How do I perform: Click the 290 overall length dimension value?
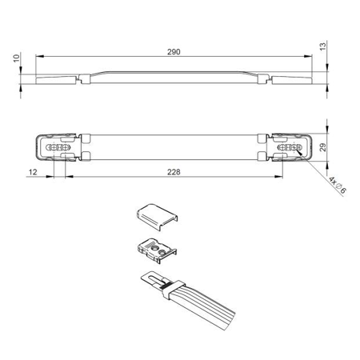click(x=174, y=52)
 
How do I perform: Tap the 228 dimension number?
click(x=174, y=172)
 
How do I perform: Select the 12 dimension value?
click(x=33, y=172)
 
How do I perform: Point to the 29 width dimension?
click(x=322, y=147)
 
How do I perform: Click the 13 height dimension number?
click(x=322, y=46)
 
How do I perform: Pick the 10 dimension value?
click(x=17, y=58)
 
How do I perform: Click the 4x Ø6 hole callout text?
click(x=338, y=184)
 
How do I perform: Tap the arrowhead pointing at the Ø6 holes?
click(x=298, y=152)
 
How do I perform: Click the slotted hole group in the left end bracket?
click(x=58, y=147)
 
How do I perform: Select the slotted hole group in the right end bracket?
click(x=290, y=147)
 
